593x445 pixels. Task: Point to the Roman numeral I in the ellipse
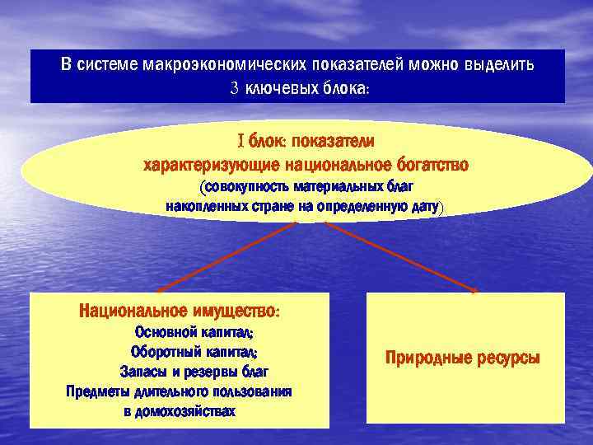coord(240,141)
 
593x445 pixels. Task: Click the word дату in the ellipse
coord(424,206)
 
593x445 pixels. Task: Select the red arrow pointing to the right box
coord(395,257)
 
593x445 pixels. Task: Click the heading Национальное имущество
coord(180,312)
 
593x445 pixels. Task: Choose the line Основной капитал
coord(194,333)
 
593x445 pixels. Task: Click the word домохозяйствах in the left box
coord(179,410)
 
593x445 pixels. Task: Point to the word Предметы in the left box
coord(98,391)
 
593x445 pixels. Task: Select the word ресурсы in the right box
coord(507,358)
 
